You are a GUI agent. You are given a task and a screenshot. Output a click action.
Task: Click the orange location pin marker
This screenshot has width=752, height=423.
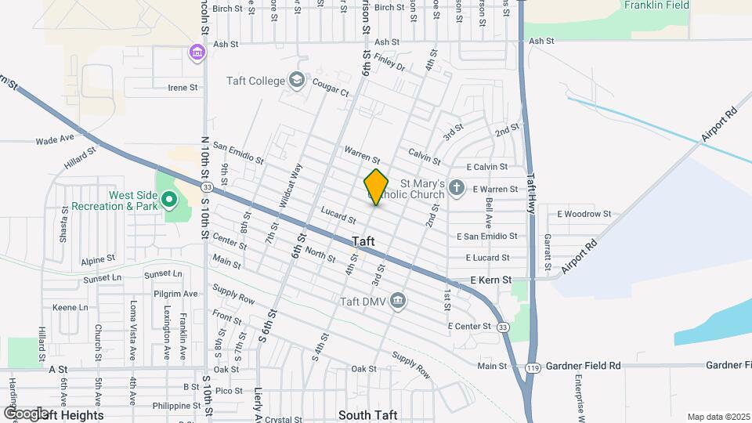376,187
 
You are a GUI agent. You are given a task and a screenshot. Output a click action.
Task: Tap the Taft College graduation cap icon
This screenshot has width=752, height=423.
297,79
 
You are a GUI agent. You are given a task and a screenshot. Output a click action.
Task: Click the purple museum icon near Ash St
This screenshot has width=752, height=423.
197,52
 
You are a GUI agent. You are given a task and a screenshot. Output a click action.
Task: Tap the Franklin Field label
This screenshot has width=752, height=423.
656,5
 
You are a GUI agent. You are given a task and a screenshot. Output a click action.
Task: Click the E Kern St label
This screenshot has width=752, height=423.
490,279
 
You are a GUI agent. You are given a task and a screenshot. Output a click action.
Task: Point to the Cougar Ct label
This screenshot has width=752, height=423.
331,92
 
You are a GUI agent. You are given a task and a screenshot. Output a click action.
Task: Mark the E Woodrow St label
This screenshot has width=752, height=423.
584,214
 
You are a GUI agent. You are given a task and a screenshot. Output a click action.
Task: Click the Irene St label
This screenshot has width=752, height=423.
183,88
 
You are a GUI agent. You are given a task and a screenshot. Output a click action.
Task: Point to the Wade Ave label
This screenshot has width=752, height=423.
55,140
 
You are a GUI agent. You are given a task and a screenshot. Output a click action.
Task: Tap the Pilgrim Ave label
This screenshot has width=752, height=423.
175,294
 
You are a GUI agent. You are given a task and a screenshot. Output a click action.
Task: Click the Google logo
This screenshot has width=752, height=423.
27,413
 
